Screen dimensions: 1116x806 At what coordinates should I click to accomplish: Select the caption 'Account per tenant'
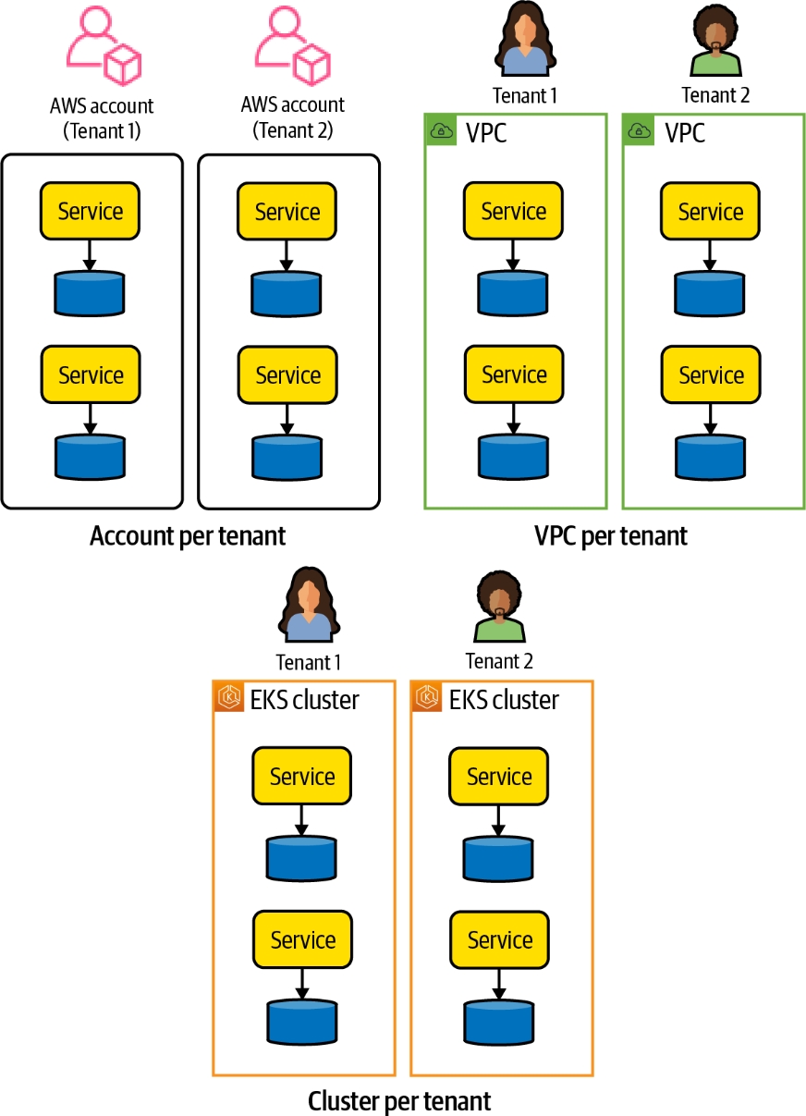(x=188, y=535)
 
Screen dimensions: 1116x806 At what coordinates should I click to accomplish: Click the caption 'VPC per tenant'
(x=611, y=535)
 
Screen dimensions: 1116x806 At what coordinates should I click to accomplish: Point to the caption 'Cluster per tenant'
(x=399, y=1100)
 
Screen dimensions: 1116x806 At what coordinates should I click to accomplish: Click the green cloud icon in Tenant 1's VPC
(x=441, y=131)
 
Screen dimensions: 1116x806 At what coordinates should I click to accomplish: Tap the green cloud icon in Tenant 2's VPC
(x=638, y=131)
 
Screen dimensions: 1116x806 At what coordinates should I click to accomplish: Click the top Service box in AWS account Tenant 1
(x=91, y=211)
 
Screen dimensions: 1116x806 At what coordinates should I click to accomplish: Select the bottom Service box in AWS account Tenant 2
(x=287, y=374)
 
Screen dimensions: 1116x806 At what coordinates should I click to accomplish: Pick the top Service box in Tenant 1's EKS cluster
(x=302, y=776)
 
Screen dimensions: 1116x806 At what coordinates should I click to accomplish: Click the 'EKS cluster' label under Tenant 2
(x=504, y=699)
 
